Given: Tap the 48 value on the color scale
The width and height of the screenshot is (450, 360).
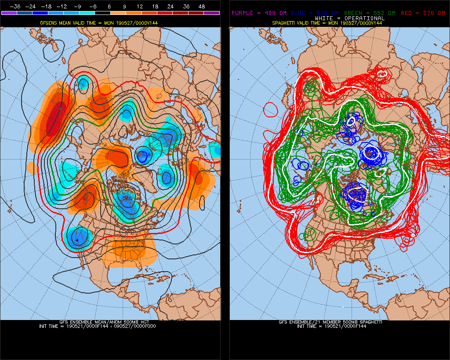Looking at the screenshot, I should tap(202, 7).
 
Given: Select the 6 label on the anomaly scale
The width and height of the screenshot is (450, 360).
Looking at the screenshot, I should tap(109, 7).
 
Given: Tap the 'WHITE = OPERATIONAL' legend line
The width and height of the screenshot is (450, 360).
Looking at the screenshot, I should tap(337, 18).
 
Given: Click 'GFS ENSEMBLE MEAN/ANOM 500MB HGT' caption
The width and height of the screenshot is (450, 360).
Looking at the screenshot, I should tap(110, 322).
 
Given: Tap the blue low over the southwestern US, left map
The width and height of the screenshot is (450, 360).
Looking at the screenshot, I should tap(78, 237).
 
